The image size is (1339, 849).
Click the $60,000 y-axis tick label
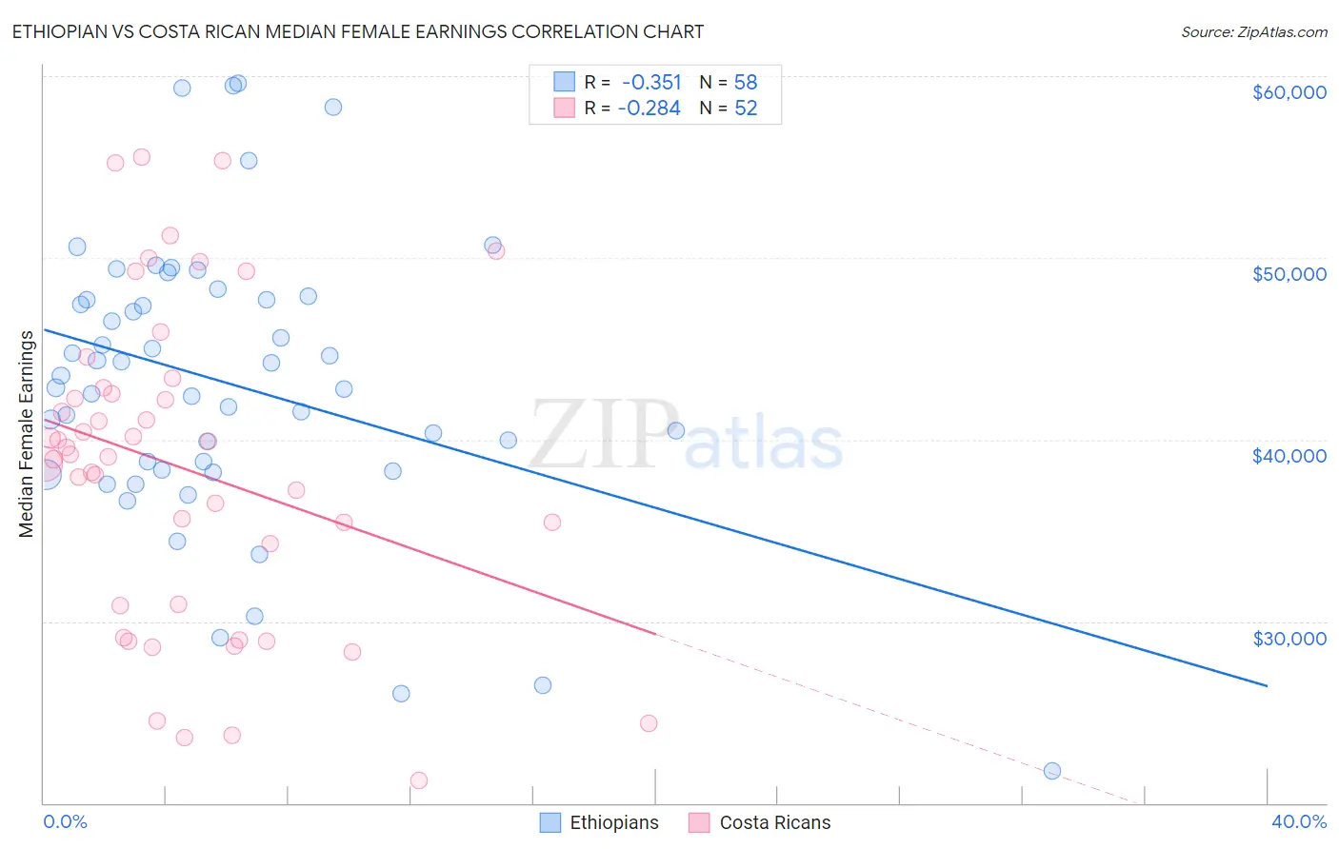tap(1289, 92)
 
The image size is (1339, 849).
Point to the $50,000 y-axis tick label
tap(1289, 274)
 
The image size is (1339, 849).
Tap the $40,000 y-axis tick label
tap(1289, 456)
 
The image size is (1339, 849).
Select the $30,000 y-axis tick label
tap(1289, 639)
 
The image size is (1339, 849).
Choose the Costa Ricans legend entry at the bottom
tap(760, 823)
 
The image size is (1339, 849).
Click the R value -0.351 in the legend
tap(650, 83)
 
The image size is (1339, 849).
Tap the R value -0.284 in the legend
tap(649, 109)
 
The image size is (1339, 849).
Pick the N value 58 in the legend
tap(745, 83)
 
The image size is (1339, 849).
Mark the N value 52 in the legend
tap(745, 109)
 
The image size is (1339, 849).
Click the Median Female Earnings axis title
tap(27, 434)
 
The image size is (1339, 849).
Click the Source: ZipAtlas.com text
tap(1253, 32)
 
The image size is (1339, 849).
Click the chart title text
tap(358, 31)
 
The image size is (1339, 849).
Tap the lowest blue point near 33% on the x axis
tap(1052, 771)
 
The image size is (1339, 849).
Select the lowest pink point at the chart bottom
tap(418, 780)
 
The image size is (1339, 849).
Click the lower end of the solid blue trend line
tap(1267, 685)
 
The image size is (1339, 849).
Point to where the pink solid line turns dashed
tap(656, 634)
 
